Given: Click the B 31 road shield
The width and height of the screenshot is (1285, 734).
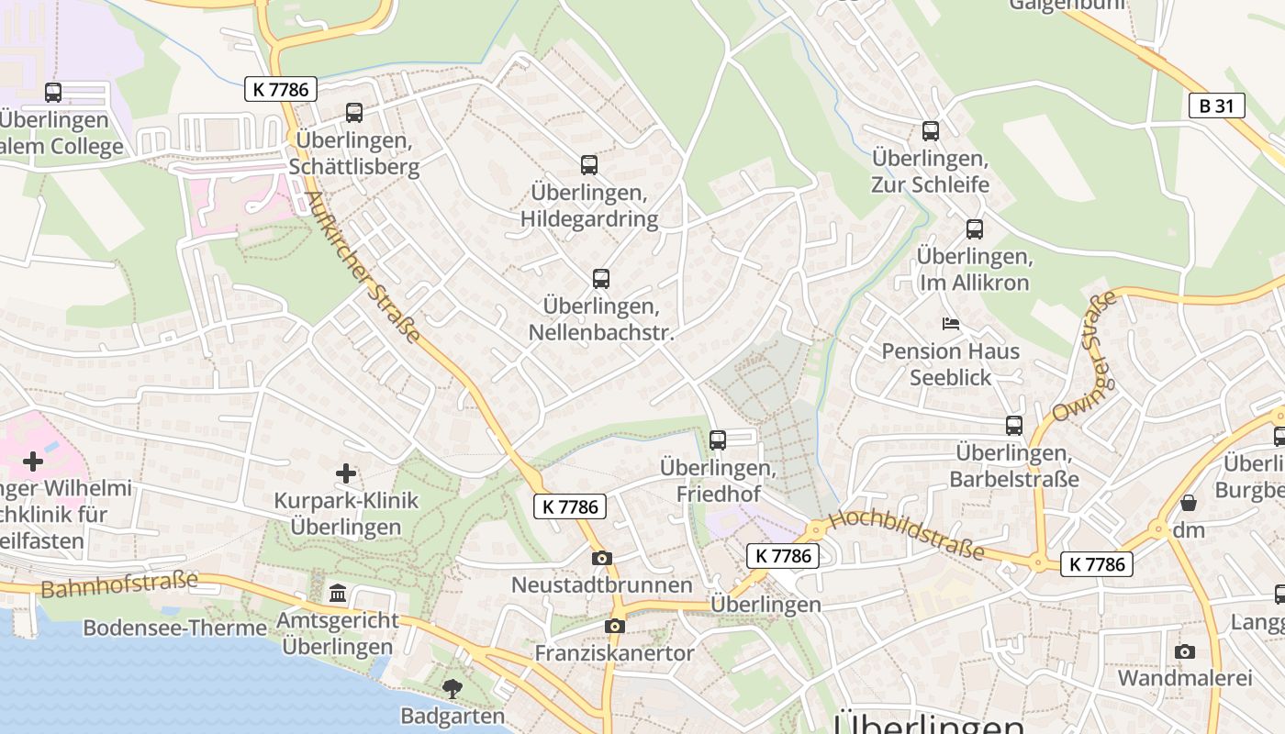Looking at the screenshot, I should tap(1216, 106).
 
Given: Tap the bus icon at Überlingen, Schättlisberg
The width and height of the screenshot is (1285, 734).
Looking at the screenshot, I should tap(354, 113).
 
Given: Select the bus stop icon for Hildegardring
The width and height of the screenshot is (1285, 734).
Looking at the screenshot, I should tap(589, 165).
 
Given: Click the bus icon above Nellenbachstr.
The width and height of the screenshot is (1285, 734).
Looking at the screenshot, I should tap(601, 278).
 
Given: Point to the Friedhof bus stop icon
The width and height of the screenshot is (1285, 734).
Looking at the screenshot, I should tap(718, 439).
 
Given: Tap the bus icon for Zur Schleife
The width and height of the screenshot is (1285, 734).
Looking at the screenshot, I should tap(931, 131).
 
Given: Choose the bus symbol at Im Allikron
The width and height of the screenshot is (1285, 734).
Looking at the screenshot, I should tap(974, 228).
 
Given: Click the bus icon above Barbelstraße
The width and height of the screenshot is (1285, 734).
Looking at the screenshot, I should tap(1014, 425).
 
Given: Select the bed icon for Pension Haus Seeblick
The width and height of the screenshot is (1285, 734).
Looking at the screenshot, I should tap(951, 324).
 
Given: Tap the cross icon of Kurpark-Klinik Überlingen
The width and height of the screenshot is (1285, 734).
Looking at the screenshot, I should tap(346, 473).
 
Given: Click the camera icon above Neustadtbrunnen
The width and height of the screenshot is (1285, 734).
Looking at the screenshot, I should tap(602, 558).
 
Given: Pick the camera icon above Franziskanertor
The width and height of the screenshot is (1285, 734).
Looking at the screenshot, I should tap(615, 626).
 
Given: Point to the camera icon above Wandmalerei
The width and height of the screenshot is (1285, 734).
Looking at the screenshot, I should tap(1185, 651).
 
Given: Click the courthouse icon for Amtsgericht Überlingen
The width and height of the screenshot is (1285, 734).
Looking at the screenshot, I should tap(339, 594).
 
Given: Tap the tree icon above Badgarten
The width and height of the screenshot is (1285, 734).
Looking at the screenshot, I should tap(453, 688).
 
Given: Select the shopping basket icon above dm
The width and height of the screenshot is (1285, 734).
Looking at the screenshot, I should tap(1189, 503).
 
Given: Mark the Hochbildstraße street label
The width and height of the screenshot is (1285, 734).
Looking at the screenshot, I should tap(905, 535).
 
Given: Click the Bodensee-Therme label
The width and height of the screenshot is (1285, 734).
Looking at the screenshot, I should tap(174, 628).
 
